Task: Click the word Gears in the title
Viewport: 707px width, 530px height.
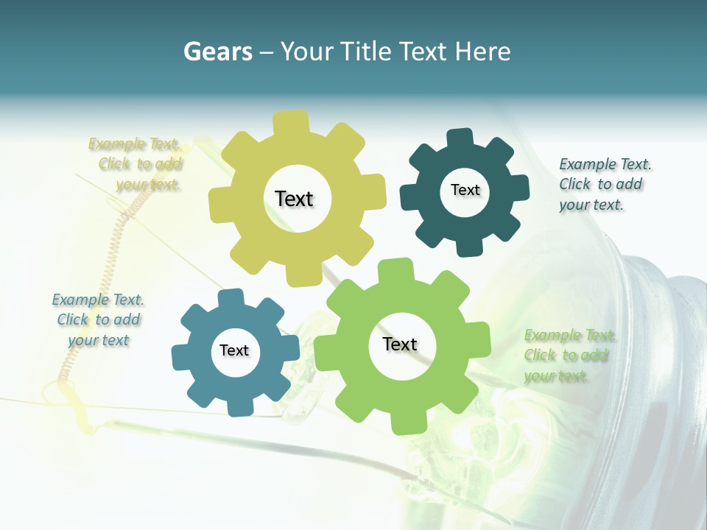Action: (217, 52)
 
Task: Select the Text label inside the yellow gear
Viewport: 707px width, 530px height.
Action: (294, 199)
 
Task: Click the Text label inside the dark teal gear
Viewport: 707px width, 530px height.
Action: (465, 190)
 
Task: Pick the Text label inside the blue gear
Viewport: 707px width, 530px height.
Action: (234, 350)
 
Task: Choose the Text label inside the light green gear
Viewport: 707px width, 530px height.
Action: (400, 344)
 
